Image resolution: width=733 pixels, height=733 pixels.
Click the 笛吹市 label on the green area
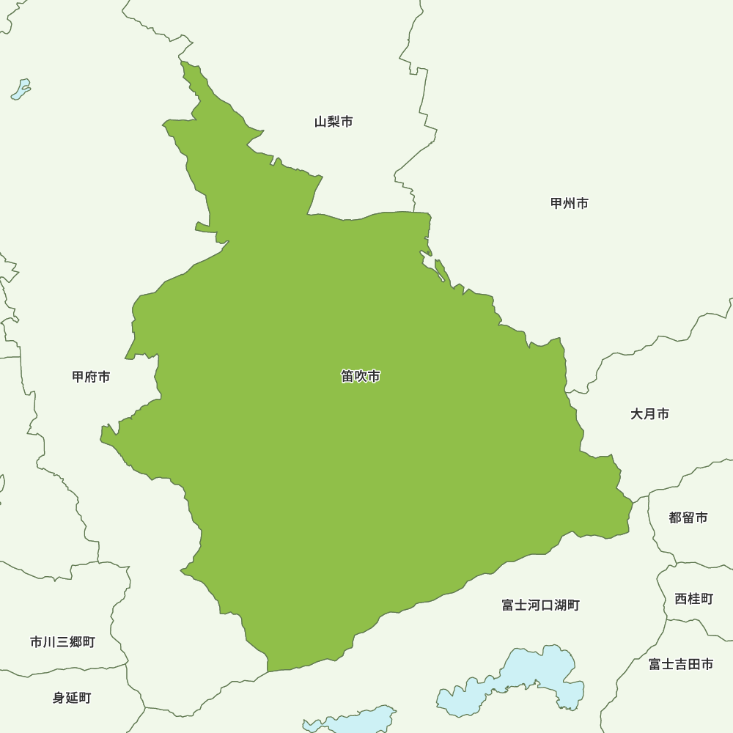[361, 377]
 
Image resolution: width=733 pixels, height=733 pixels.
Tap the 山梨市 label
[334, 122]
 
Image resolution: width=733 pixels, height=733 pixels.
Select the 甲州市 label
[570, 203]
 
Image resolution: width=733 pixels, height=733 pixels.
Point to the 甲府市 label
[91, 377]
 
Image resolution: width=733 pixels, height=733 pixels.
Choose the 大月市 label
[649, 414]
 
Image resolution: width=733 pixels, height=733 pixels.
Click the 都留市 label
[688, 517]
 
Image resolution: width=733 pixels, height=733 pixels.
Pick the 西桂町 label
[693, 599]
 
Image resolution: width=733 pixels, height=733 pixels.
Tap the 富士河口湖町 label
[541, 605]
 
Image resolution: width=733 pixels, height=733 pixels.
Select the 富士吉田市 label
[681, 664]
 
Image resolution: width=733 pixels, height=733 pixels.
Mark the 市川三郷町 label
[62, 642]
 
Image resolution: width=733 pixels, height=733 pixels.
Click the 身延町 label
[72, 698]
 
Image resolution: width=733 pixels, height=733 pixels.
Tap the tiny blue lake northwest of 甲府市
[21, 90]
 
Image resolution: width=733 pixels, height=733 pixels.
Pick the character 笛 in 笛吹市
[347, 377]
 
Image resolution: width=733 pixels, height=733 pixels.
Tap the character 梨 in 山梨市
[334, 122]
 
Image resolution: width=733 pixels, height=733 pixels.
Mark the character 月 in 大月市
[649, 414]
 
